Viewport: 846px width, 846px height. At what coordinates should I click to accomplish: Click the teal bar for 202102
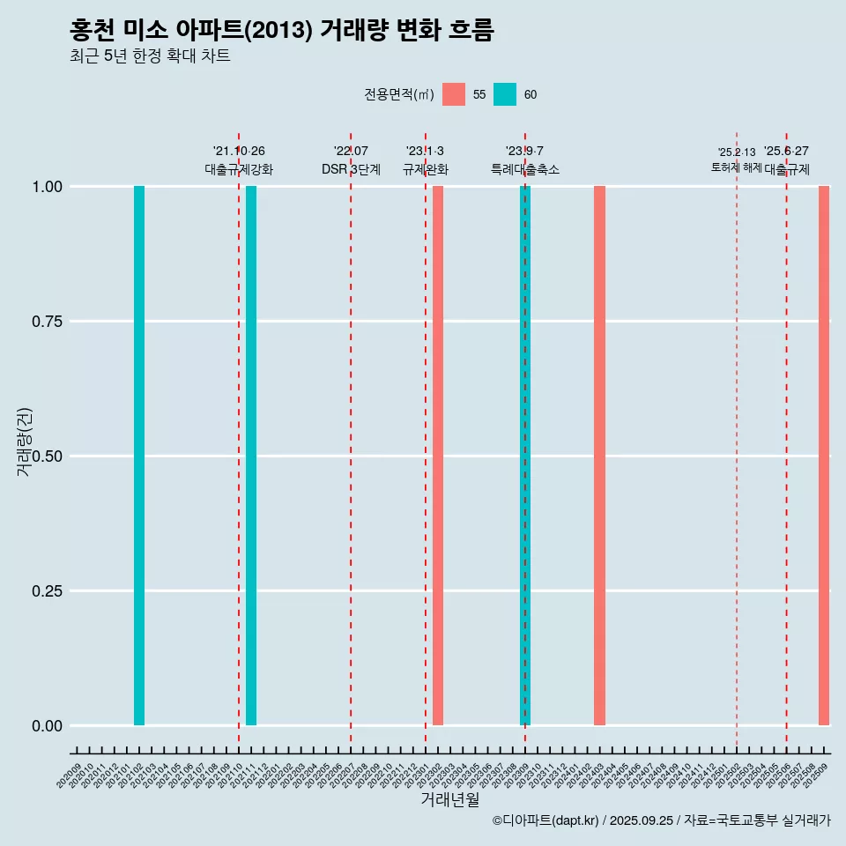(139, 456)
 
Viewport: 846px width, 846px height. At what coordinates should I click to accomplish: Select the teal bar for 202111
(251, 456)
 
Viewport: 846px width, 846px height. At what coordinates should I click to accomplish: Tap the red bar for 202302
(438, 456)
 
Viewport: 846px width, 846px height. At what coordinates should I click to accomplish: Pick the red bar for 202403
(599, 456)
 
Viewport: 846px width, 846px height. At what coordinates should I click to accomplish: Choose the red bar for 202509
(824, 456)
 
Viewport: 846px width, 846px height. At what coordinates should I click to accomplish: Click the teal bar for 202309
(525, 456)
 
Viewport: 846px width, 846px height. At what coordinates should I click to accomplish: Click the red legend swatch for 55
(454, 94)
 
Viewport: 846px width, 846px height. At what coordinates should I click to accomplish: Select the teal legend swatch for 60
(505, 94)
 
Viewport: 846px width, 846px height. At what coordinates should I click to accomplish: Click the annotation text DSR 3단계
(351, 169)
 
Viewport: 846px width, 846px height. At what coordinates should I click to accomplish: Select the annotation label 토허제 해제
(737, 167)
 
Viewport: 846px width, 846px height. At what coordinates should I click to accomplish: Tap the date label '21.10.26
(239, 152)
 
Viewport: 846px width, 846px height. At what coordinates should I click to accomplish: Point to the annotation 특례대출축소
(525, 169)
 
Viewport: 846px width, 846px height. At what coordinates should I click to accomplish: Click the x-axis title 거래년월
(450, 800)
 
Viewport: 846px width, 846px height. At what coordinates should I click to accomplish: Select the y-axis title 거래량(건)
(24, 442)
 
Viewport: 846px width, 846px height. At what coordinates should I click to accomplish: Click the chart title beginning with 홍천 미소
(282, 31)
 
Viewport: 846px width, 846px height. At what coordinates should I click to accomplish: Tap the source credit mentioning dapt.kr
(661, 820)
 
